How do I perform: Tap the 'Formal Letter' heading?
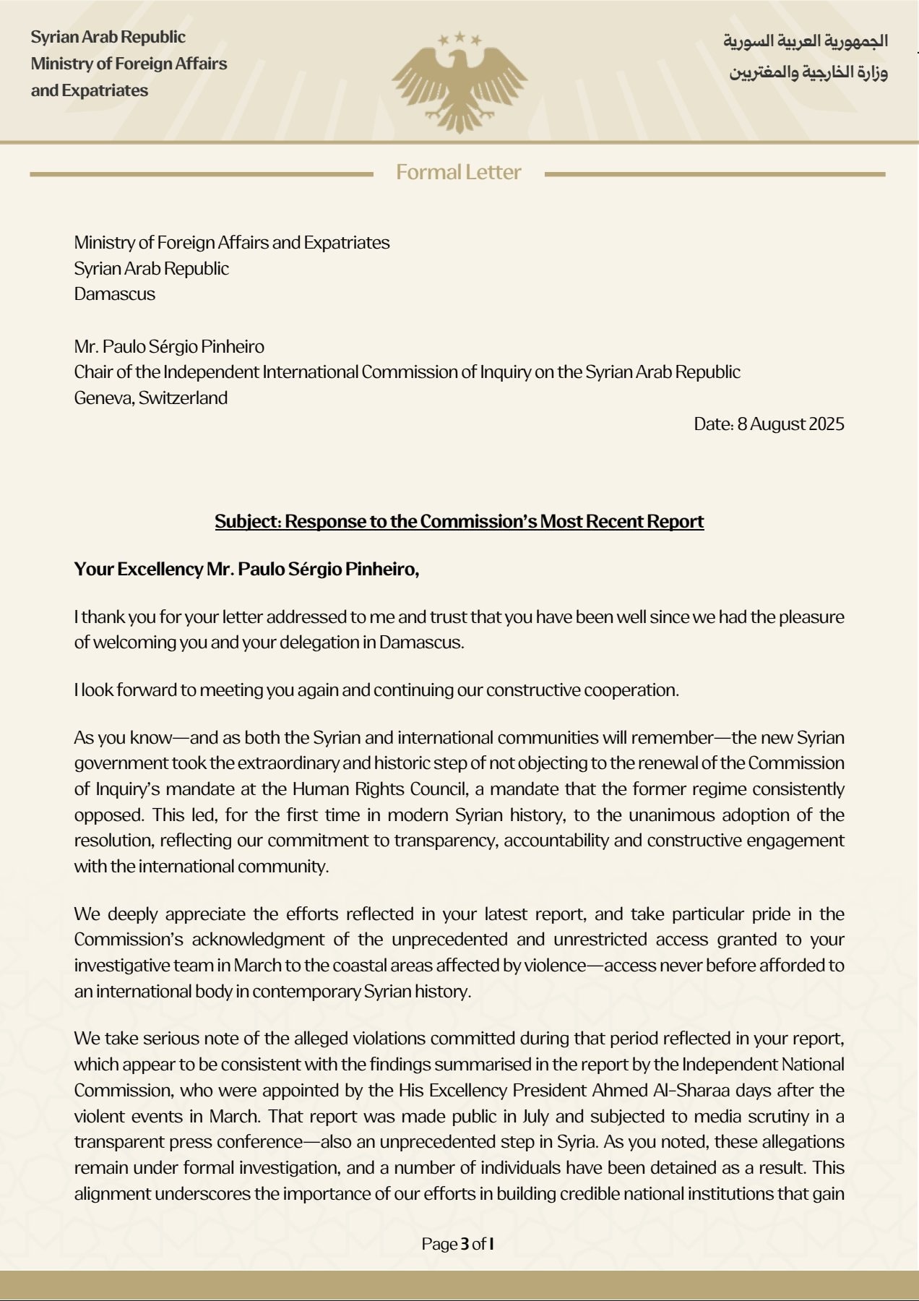(x=458, y=173)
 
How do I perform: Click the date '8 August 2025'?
(x=790, y=424)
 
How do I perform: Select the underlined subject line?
(x=459, y=522)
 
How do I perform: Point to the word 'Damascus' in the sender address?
(x=114, y=294)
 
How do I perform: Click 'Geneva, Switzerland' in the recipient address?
(x=150, y=398)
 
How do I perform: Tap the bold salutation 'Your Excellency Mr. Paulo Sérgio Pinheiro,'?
(x=246, y=570)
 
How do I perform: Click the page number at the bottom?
(x=458, y=1244)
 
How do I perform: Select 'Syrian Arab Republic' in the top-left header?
(x=108, y=37)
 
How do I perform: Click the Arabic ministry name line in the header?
(x=808, y=72)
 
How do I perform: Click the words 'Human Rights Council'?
(x=379, y=789)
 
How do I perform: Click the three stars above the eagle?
(x=459, y=39)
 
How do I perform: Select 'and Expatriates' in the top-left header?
(x=89, y=91)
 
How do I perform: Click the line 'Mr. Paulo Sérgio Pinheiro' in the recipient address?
(x=169, y=347)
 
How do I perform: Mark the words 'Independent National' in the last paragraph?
(x=763, y=1065)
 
